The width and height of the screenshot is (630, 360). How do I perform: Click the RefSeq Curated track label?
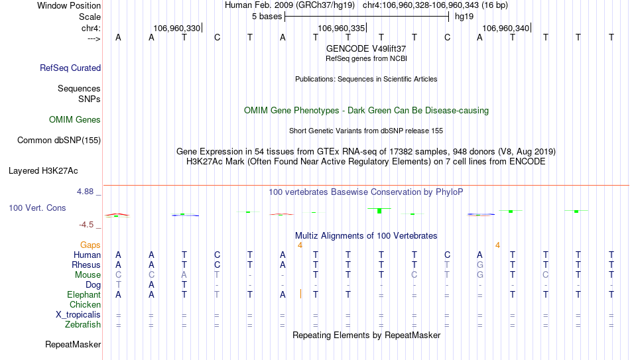[70, 68]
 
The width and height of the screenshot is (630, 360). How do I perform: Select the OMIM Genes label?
[75, 120]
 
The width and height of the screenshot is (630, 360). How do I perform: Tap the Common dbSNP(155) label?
[59, 141]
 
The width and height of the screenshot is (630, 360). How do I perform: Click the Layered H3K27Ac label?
[43, 171]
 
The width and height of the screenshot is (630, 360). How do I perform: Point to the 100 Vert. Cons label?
[37, 208]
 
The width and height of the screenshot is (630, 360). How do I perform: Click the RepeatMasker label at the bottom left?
[73, 344]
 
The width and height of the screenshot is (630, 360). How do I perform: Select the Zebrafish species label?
[83, 324]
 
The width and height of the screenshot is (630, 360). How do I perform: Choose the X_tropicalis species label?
[78, 315]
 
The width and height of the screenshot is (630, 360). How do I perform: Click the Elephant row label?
[84, 294]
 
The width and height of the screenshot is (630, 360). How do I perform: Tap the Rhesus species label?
[86, 265]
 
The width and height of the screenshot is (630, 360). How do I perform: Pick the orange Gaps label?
[90, 245]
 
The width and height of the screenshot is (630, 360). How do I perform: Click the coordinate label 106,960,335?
[341, 28]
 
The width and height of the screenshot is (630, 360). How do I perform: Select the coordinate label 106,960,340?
[505, 28]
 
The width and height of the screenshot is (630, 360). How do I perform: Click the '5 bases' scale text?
[267, 17]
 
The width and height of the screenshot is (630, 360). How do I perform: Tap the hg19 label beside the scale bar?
[464, 17]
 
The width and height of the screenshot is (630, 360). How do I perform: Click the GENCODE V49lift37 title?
[366, 48]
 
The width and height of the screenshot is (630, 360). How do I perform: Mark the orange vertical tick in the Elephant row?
[300, 294]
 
